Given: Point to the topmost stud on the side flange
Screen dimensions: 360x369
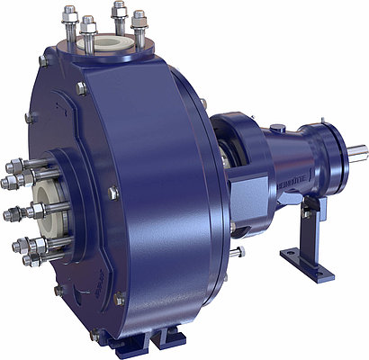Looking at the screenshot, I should (16, 166).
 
